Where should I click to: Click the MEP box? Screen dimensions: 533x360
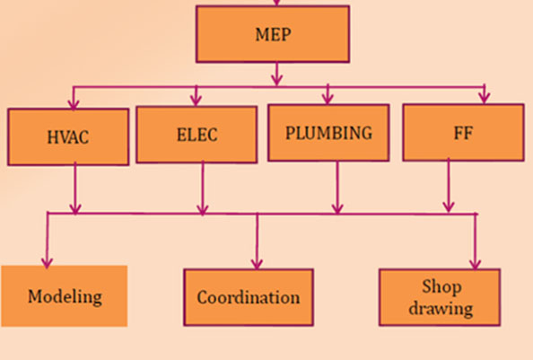[273, 34]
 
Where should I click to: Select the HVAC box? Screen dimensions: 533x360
[68, 137]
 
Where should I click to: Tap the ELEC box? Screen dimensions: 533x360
[197, 135]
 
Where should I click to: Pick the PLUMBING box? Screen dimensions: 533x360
[328, 133]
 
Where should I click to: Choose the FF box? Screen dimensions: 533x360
[463, 132]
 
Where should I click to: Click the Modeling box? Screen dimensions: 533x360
[65, 296]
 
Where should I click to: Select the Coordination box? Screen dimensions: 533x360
[249, 297]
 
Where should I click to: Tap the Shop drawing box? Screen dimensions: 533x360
[440, 297]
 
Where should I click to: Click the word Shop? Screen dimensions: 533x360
[441, 286]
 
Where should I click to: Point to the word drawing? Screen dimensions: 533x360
[441, 309]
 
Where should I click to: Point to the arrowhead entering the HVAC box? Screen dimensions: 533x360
[74, 104]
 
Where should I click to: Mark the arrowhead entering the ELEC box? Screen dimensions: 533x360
[196, 101]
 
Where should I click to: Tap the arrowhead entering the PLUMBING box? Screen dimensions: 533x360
[328, 99]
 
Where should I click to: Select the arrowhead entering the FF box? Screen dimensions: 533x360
[485, 98]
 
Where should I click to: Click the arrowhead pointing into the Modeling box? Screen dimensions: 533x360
[47, 263]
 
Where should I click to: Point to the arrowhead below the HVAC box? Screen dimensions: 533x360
[75, 209]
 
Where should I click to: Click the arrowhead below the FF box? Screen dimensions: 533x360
[449, 206]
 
